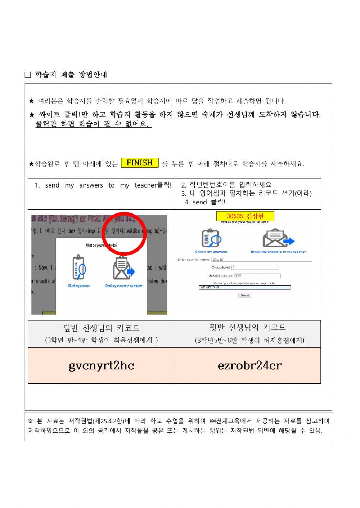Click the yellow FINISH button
140,163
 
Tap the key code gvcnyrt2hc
101,365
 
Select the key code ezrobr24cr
249,365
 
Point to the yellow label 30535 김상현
245,216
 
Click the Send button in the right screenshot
245,295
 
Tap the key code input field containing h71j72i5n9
245,287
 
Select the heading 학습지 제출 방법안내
71,75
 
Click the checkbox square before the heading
28,75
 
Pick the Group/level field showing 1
255,267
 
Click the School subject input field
257,275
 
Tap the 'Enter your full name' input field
261,259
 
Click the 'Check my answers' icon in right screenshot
211,238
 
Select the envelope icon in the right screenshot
278,238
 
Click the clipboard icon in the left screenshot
79,268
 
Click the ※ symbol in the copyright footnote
31,421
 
